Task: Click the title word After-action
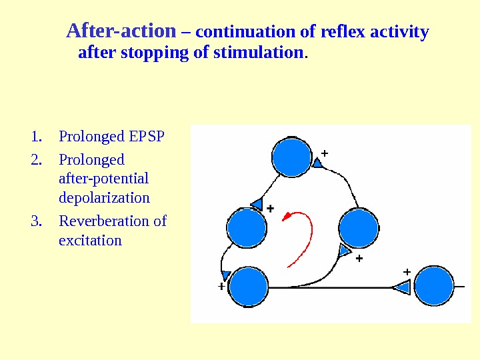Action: (x=121, y=31)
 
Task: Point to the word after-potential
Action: (x=103, y=179)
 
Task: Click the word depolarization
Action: (x=104, y=197)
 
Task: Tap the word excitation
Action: (x=90, y=239)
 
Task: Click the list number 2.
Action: (x=36, y=160)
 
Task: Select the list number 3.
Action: (x=36, y=221)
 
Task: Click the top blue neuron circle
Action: (x=292, y=157)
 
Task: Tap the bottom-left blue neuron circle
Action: (x=248, y=287)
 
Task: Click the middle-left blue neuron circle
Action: (x=247, y=227)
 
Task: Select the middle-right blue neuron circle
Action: (x=359, y=228)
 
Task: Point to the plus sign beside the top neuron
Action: (x=325, y=153)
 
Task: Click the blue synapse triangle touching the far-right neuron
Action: (x=402, y=287)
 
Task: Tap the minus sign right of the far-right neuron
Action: (x=460, y=287)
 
